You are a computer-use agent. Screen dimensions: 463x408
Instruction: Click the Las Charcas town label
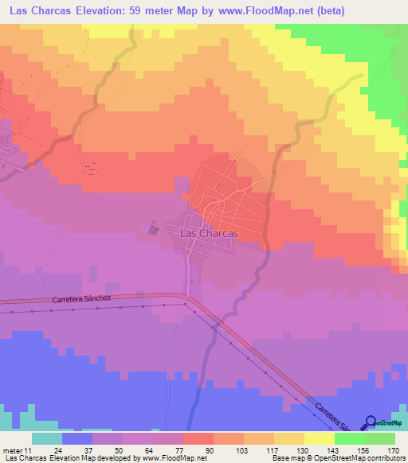click(x=210, y=234)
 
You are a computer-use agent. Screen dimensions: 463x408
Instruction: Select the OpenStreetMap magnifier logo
click(x=371, y=423)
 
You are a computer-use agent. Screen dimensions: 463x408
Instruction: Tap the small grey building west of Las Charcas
click(x=155, y=229)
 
